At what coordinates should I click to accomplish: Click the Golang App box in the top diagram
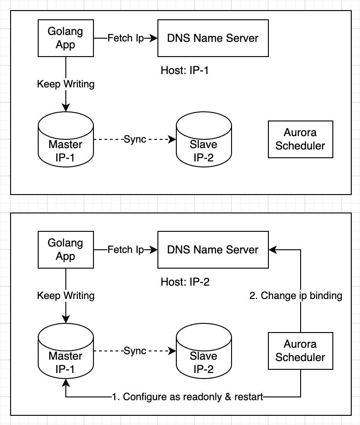[66, 38]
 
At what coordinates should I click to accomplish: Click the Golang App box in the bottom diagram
[66, 250]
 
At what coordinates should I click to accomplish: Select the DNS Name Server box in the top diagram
[213, 38]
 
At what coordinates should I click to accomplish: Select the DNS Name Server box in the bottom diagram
[213, 250]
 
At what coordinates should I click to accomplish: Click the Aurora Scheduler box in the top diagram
[300, 139]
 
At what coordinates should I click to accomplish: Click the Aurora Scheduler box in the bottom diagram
[300, 351]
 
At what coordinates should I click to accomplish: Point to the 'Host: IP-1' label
[185, 71]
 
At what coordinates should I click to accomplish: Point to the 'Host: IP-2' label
[185, 282]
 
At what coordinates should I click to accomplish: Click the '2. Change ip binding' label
[296, 296]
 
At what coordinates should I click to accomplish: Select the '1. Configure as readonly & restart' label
[187, 397]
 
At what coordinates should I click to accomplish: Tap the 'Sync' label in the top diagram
[135, 139]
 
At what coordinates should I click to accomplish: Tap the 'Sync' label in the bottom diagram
[135, 351]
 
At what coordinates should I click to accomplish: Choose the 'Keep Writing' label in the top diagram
[66, 84]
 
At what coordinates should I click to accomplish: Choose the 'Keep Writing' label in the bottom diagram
[66, 296]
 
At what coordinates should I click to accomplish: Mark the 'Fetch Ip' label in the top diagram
[126, 38]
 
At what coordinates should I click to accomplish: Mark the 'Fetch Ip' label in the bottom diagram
[126, 250]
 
